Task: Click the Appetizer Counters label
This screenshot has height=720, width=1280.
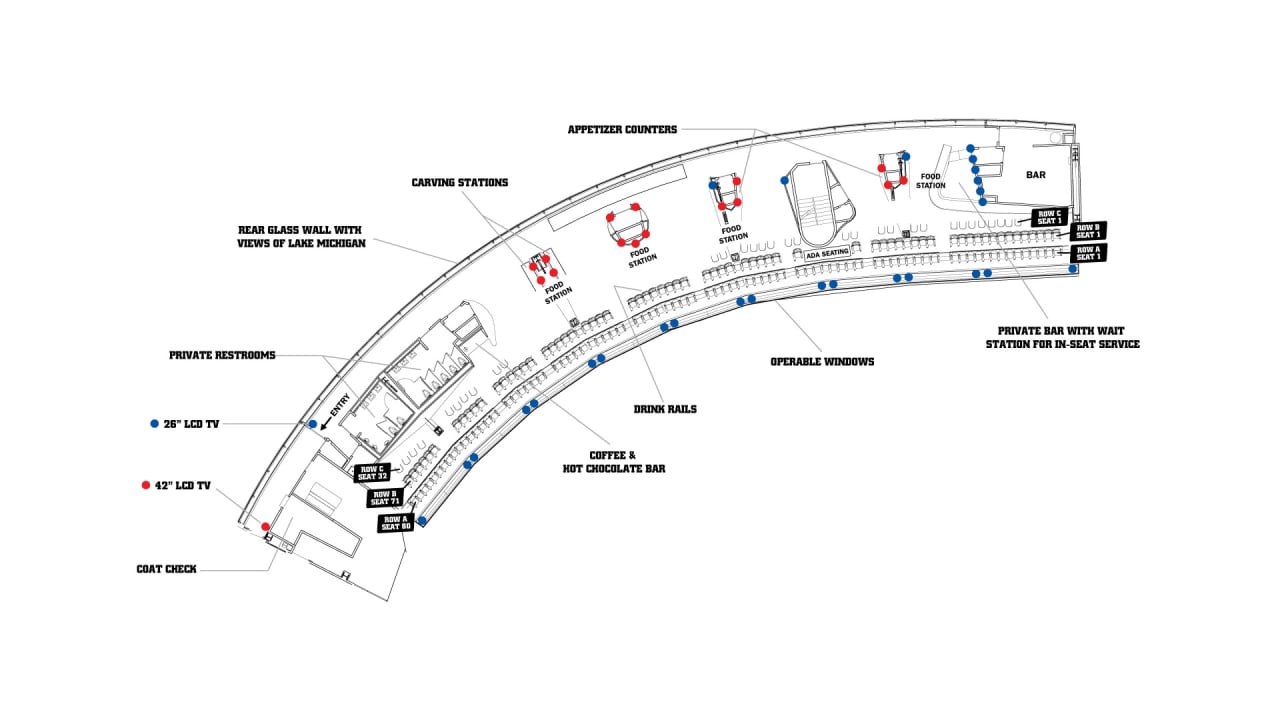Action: tap(622, 129)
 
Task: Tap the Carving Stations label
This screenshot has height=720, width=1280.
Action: tap(460, 183)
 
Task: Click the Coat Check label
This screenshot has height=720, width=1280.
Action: tap(166, 569)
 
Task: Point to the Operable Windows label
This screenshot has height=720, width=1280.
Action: tap(822, 361)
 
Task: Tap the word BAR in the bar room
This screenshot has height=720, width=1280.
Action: tap(1036, 174)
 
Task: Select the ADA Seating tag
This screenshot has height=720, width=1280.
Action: tap(827, 254)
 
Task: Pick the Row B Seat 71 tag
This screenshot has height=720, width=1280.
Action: tap(385, 497)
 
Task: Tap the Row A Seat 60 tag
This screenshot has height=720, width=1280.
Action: tap(395, 521)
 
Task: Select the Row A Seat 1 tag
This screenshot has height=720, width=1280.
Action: tap(1088, 252)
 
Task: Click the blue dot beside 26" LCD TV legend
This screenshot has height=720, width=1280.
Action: tap(153, 424)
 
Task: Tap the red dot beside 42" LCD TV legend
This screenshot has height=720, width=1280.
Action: tap(146, 485)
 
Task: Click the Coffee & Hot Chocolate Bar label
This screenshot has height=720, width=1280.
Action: tap(627, 462)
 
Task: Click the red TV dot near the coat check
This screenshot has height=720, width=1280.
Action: tap(265, 526)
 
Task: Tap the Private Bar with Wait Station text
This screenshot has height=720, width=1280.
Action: tap(1068, 337)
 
